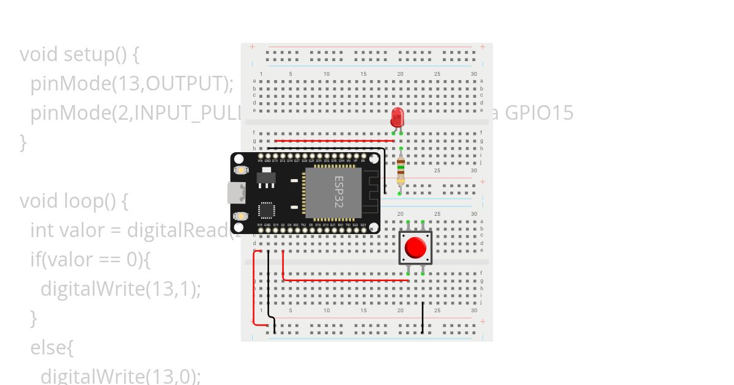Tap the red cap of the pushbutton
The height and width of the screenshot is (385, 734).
[x=416, y=248]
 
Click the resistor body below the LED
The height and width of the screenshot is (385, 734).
[x=401, y=170]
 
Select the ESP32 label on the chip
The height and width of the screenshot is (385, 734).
[x=338, y=192]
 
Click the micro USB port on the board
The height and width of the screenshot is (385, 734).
[x=235, y=193]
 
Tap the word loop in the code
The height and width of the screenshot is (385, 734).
[x=84, y=201]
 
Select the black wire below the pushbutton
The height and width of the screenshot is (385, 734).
[x=423, y=317]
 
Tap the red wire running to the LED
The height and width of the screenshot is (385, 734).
[x=333, y=141]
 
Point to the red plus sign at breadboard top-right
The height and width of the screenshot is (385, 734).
[x=483, y=46]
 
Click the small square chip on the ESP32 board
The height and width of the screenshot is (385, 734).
[x=267, y=210]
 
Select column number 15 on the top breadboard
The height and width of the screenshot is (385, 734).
[x=363, y=74]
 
